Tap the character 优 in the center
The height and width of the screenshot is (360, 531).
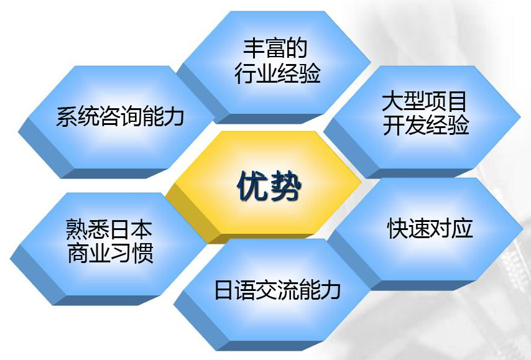251,185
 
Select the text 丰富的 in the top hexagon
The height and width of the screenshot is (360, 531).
275,48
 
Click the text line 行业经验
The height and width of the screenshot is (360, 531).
277,73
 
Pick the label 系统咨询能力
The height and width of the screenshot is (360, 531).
120,116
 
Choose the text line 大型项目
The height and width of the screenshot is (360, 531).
424,101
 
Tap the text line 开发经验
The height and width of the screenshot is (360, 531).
426,124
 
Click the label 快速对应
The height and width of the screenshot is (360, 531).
430,228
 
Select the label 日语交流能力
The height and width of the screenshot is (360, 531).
277,290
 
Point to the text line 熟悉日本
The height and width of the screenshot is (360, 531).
109,229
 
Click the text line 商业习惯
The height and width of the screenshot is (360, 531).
111,252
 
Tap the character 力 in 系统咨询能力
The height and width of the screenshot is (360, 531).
173,116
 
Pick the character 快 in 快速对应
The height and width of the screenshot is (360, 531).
397,228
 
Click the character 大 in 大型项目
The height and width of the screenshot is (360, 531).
392,101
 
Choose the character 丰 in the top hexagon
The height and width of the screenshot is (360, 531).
254,48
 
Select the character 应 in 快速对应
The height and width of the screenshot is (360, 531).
462,228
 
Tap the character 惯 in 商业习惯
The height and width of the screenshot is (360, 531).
143,252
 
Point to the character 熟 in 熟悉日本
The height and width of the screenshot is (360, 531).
76,229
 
